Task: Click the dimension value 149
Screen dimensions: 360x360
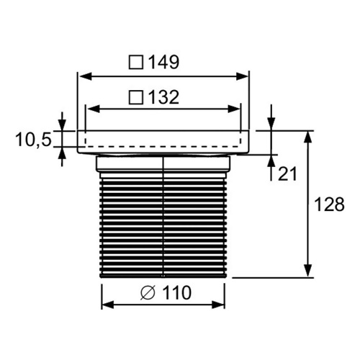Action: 164,62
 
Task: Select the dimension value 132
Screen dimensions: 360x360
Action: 164,97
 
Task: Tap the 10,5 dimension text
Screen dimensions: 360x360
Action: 33,140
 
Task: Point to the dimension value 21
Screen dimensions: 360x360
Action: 287,174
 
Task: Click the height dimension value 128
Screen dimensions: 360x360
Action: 329,204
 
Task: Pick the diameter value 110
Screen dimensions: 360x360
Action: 176,292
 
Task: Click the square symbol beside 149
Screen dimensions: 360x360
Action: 136,63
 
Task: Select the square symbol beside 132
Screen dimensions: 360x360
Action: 136,97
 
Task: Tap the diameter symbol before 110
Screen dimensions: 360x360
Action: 148,293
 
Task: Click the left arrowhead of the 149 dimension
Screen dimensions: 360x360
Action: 85,77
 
